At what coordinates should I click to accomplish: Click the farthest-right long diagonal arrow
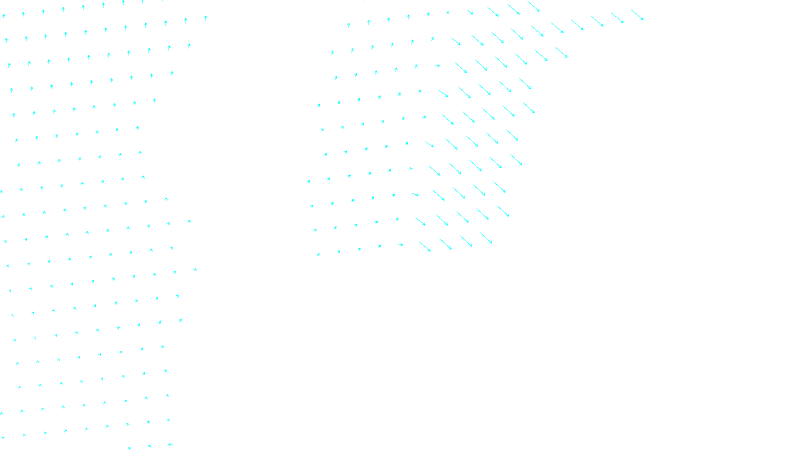(637, 14)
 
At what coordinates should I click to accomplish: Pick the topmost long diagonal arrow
(533, 6)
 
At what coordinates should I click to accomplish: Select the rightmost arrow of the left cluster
(205, 18)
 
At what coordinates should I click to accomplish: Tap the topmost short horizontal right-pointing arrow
(437, 65)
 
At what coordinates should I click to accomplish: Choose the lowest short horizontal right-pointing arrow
(400, 244)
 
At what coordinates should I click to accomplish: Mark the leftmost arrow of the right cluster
(308, 181)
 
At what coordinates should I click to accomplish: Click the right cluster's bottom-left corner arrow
(318, 254)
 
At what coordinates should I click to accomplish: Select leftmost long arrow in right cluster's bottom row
(424, 246)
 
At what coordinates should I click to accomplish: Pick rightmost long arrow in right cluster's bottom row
(486, 238)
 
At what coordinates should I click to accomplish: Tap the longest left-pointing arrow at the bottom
(170, 444)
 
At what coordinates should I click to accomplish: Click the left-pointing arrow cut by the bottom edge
(129, 448)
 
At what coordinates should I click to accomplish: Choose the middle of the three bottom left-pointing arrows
(150, 445)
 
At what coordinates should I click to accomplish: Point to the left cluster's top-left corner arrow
(3, 16)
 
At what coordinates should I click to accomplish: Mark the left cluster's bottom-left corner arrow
(4, 438)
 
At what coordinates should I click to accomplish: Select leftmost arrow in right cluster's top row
(348, 25)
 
